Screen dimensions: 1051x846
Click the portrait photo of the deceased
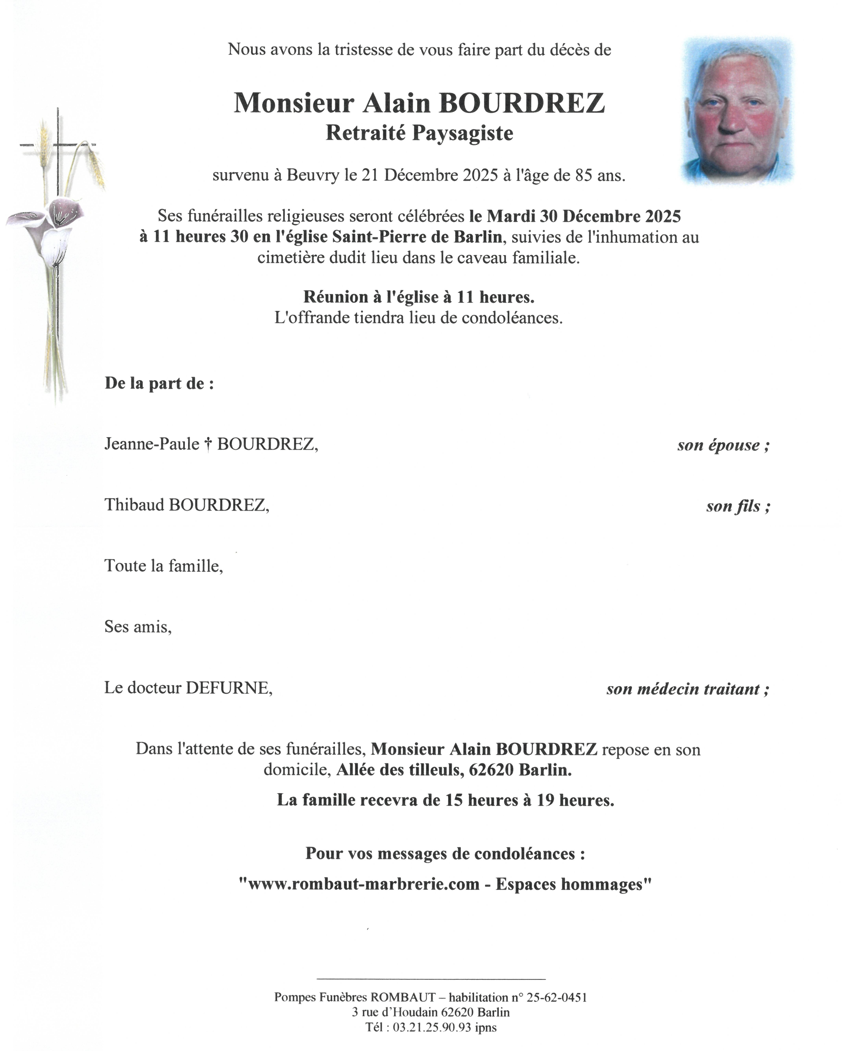click(x=738, y=111)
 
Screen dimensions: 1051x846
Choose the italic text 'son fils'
click(x=737, y=506)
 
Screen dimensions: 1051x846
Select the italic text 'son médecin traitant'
click(x=687, y=689)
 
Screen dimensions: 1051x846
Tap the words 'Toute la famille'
click(x=163, y=566)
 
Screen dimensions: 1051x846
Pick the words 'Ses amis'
click(x=137, y=627)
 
